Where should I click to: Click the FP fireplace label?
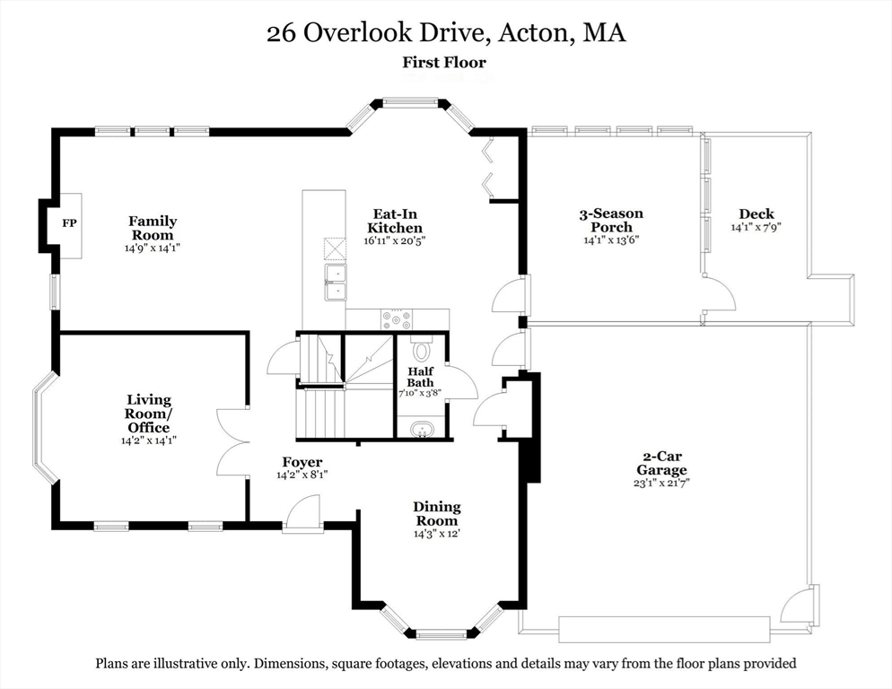69,223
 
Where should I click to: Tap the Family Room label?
153,228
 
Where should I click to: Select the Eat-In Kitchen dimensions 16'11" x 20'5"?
395,240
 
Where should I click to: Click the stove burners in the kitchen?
396,318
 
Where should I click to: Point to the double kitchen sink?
336,282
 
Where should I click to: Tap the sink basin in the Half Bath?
422,429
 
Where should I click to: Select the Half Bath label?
420,377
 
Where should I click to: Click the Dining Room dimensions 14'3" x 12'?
436,535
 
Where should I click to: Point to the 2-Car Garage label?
661,463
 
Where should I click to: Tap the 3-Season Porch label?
611,220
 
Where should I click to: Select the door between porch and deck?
718,292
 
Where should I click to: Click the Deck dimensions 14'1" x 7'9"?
756,227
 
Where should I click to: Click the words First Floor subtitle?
444,62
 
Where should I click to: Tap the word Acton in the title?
534,32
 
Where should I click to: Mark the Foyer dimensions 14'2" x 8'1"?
302,475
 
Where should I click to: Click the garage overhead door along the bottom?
664,629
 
